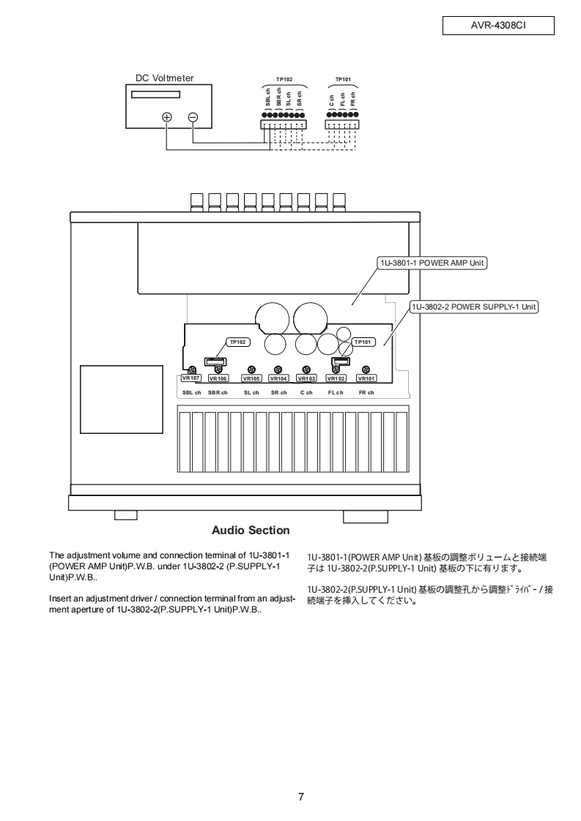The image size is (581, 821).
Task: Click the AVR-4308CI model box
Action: tap(498, 26)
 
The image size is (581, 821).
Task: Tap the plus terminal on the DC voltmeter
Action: tap(167, 117)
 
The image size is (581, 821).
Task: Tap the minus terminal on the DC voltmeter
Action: tap(193, 117)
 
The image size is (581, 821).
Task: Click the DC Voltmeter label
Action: tap(165, 78)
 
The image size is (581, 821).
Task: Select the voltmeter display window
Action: tap(155, 94)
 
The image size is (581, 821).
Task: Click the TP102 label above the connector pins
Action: tap(284, 79)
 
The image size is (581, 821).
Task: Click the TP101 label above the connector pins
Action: tap(343, 79)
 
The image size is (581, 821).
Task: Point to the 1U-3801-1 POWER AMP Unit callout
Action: tap(432, 263)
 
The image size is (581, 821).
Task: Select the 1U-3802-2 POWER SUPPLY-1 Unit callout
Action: tap(473, 307)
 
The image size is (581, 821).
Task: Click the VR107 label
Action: tap(190, 378)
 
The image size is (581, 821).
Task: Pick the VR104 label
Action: tap(278, 378)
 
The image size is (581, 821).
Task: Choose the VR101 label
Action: tap(366, 378)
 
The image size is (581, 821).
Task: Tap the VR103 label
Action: tap(306, 378)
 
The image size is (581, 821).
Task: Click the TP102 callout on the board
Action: tap(238, 342)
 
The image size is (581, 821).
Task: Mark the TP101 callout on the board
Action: tap(363, 342)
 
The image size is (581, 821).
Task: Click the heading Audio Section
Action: tap(251, 531)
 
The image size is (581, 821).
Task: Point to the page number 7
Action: tap(300, 797)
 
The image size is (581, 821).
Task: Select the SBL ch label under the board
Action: tap(192, 393)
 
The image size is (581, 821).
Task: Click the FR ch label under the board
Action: tap(366, 393)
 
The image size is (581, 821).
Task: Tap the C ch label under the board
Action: tap(306, 393)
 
